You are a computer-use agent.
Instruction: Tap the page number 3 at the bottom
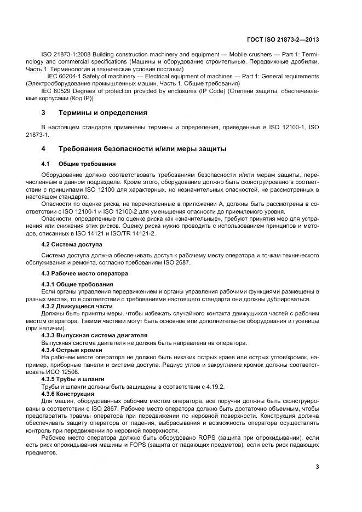pos(317,467)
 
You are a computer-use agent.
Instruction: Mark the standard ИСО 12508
pos(71,371)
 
